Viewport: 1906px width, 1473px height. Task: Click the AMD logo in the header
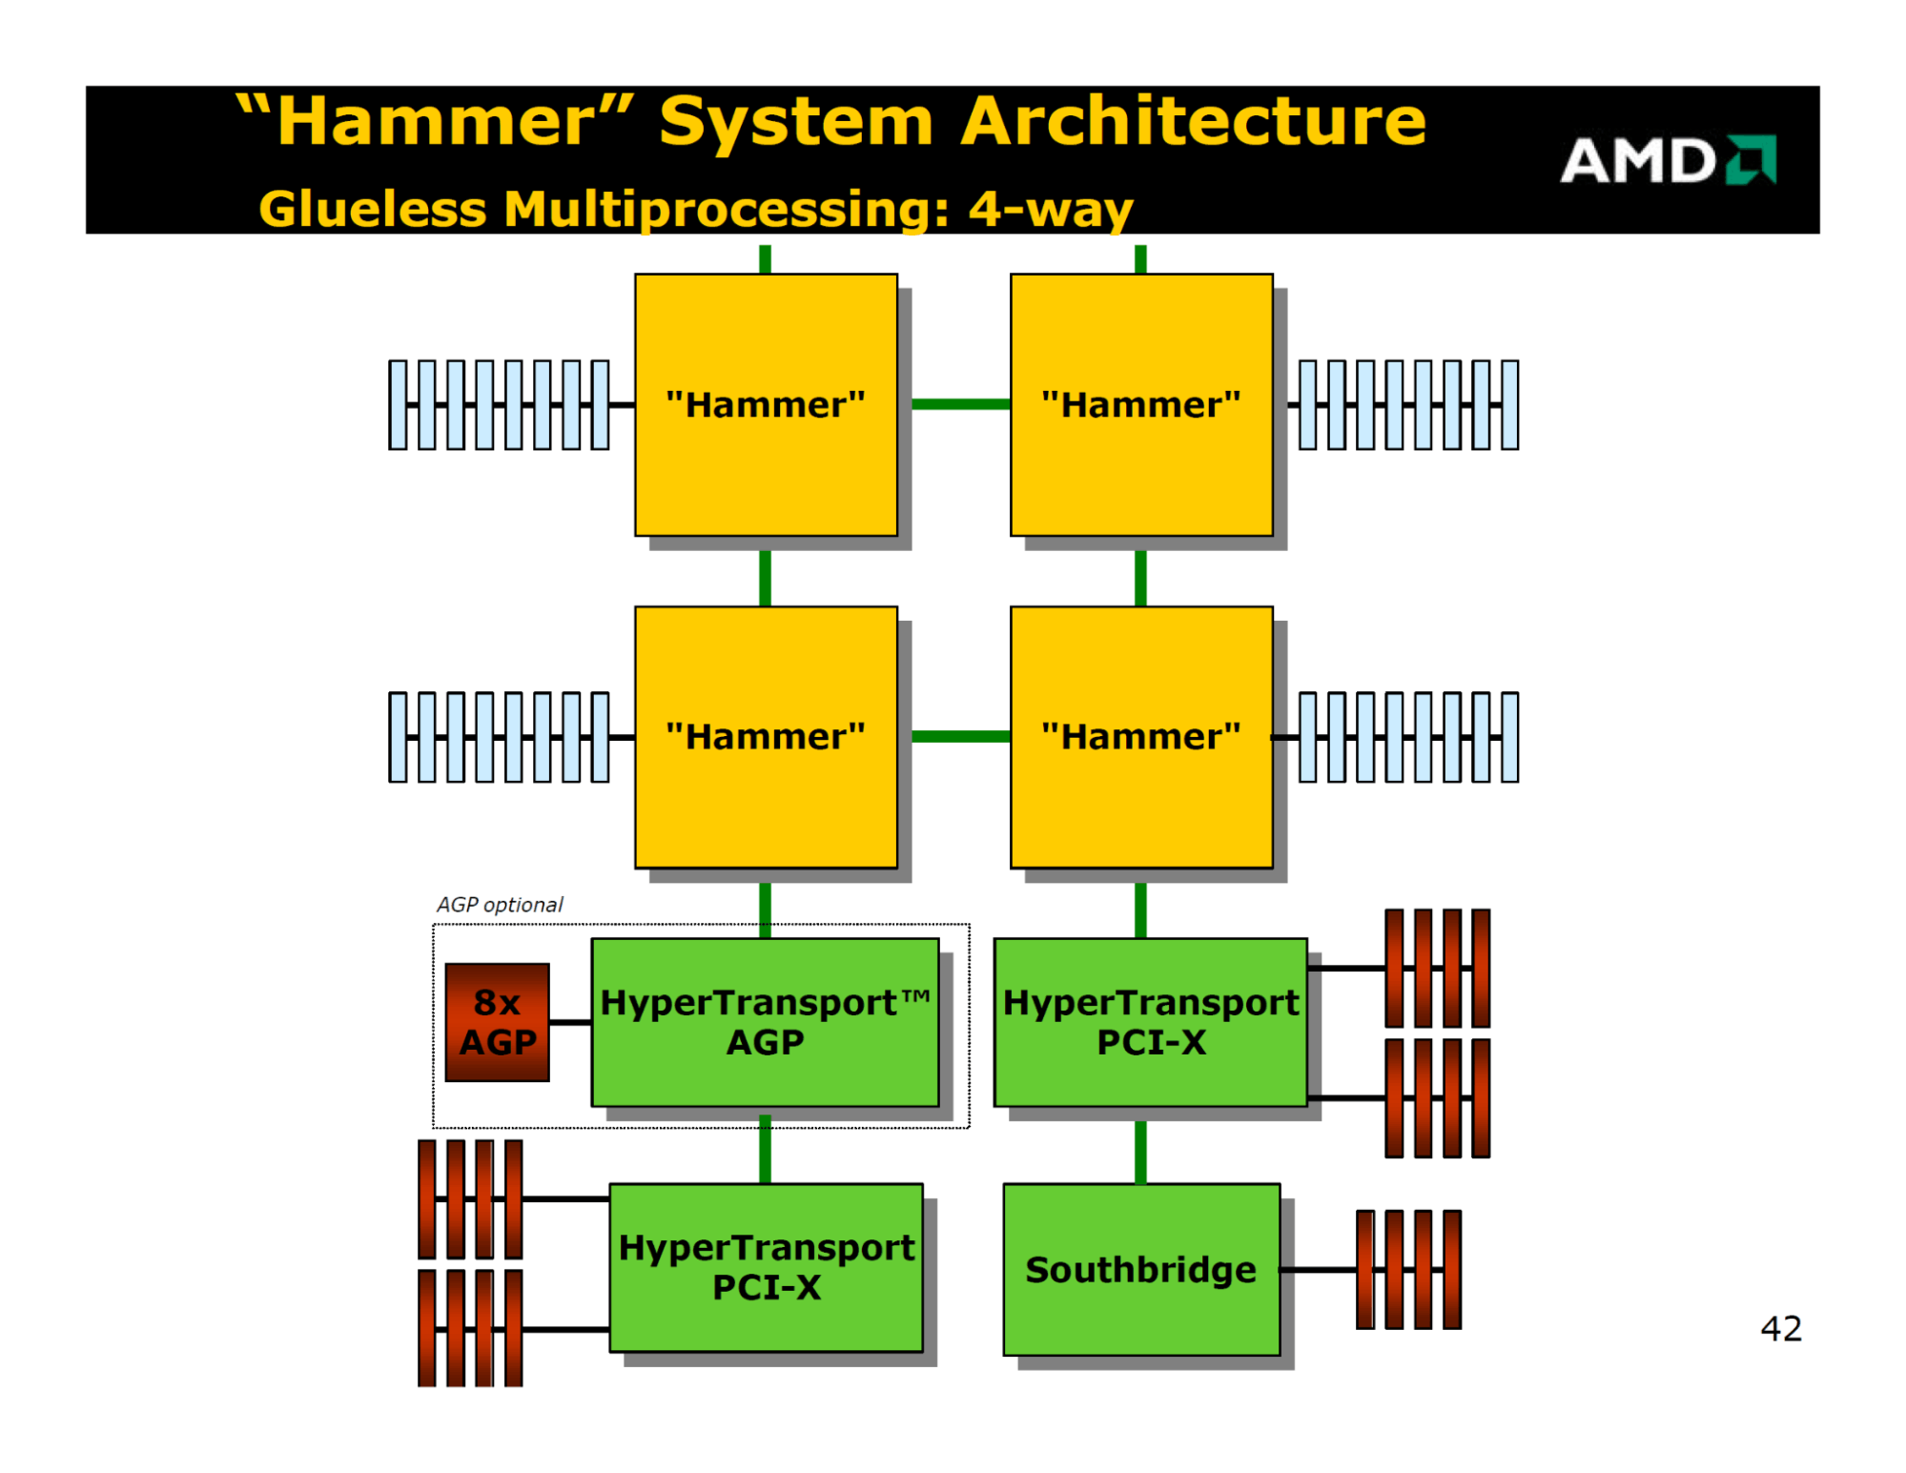click(x=1668, y=159)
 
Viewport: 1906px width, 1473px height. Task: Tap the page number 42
click(x=1780, y=1328)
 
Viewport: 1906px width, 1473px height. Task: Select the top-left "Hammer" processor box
click(x=766, y=404)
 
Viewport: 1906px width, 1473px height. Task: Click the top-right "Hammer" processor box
click(x=1141, y=404)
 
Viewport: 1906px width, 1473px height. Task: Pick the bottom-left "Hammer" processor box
click(x=766, y=736)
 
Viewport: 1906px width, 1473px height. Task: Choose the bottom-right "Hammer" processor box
click(x=1141, y=736)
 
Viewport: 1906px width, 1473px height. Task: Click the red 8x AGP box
click(x=497, y=1022)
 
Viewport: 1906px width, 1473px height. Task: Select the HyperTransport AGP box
click(x=765, y=1022)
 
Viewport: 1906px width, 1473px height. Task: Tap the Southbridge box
click(x=1141, y=1269)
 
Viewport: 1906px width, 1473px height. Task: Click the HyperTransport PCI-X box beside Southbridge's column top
click(x=1150, y=1022)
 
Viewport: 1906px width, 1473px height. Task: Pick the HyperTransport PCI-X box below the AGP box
click(x=766, y=1267)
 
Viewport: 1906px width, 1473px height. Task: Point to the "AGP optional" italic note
click(x=500, y=904)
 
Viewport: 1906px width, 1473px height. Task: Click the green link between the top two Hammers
click(x=961, y=404)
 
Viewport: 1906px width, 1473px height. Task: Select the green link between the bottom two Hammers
click(x=961, y=736)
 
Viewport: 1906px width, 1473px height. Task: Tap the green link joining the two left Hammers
click(x=765, y=578)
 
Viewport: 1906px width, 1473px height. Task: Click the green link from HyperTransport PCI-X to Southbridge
click(x=1140, y=1152)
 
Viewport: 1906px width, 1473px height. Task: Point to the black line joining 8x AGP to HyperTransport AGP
click(x=570, y=1022)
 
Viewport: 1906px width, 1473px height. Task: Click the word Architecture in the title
click(x=1193, y=121)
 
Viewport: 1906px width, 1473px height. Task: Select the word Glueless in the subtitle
click(x=373, y=209)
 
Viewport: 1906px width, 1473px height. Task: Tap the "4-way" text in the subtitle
click(x=1051, y=209)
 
